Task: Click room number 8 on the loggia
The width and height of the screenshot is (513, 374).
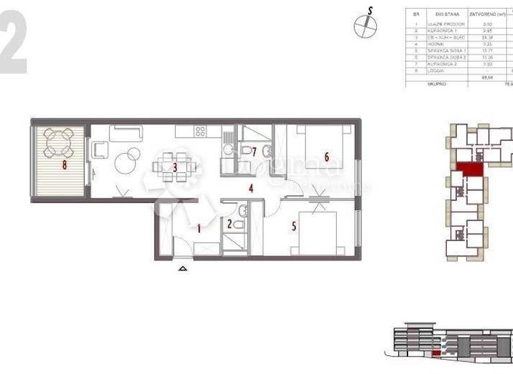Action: click(65, 164)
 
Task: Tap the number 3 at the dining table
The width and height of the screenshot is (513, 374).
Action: click(175, 168)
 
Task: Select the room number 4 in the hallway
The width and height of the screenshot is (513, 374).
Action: click(251, 188)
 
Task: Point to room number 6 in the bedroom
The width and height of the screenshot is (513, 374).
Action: click(327, 157)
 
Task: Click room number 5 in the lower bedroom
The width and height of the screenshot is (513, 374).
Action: click(294, 226)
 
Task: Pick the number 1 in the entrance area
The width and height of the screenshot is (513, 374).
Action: click(198, 228)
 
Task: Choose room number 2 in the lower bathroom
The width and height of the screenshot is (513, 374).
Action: click(230, 224)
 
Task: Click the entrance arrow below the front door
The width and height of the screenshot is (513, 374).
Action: click(183, 268)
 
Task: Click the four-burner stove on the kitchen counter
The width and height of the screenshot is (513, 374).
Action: click(200, 132)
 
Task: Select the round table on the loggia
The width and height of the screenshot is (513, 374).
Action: click(59, 142)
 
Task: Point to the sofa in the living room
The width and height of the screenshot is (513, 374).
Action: click(126, 133)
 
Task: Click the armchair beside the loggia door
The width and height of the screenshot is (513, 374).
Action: click(99, 150)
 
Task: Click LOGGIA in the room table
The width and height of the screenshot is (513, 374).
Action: click(436, 71)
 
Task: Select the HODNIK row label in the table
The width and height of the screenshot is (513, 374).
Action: click(436, 43)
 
